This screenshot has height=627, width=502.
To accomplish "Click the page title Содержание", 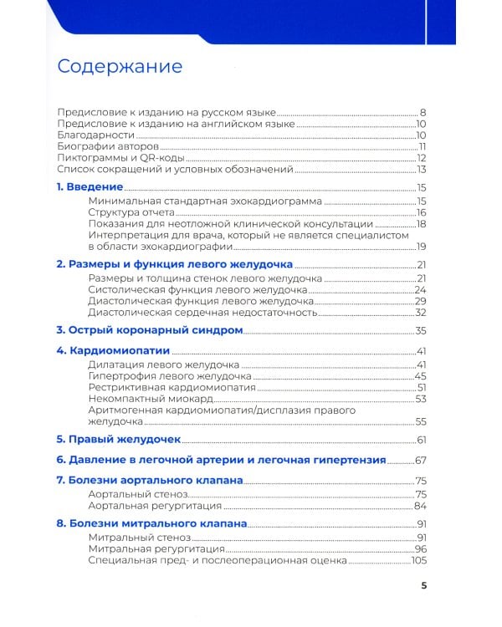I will tap(119, 66).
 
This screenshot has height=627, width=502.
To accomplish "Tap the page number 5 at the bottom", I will tap(424, 585).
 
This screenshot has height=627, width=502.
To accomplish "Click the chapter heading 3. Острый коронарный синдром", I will tap(149, 331).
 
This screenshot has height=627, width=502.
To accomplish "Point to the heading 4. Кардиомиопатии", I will tap(113, 350).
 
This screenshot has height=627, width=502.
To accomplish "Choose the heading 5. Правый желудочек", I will tap(118, 439).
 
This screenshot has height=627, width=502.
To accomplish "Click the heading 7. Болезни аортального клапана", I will tap(149, 481).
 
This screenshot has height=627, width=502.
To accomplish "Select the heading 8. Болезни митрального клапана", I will tap(151, 523).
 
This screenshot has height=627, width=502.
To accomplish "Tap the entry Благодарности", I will tap(95, 135).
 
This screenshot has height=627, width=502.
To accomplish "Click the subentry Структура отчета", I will tap(131, 212).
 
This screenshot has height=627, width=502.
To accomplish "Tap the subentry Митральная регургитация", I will tap(156, 548).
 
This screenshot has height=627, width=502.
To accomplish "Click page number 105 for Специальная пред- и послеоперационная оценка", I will tap(418, 561).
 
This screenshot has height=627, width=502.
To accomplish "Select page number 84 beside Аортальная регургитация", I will tap(421, 506).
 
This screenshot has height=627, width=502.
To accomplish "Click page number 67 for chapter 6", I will tap(421, 460).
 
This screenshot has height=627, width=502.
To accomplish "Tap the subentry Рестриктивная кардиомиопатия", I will tap(169, 388).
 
